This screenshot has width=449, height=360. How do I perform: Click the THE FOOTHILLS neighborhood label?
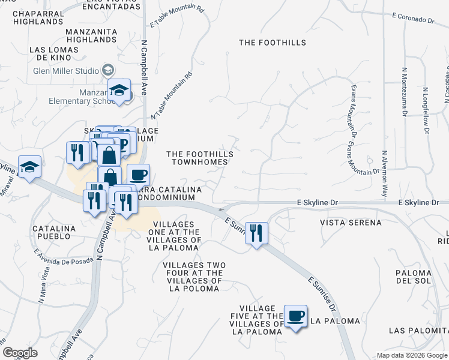point(272,43)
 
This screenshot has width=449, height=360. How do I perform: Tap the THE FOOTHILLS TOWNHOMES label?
point(200,158)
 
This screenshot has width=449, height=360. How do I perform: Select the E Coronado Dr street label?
point(412,19)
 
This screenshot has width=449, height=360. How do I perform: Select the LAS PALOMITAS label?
point(418,331)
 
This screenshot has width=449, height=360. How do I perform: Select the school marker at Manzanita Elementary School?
point(119,90)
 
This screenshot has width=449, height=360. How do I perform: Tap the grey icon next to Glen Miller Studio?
point(109,70)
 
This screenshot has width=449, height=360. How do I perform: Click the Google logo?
point(20,352)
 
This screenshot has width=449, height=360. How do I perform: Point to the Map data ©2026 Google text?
point(411,355)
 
